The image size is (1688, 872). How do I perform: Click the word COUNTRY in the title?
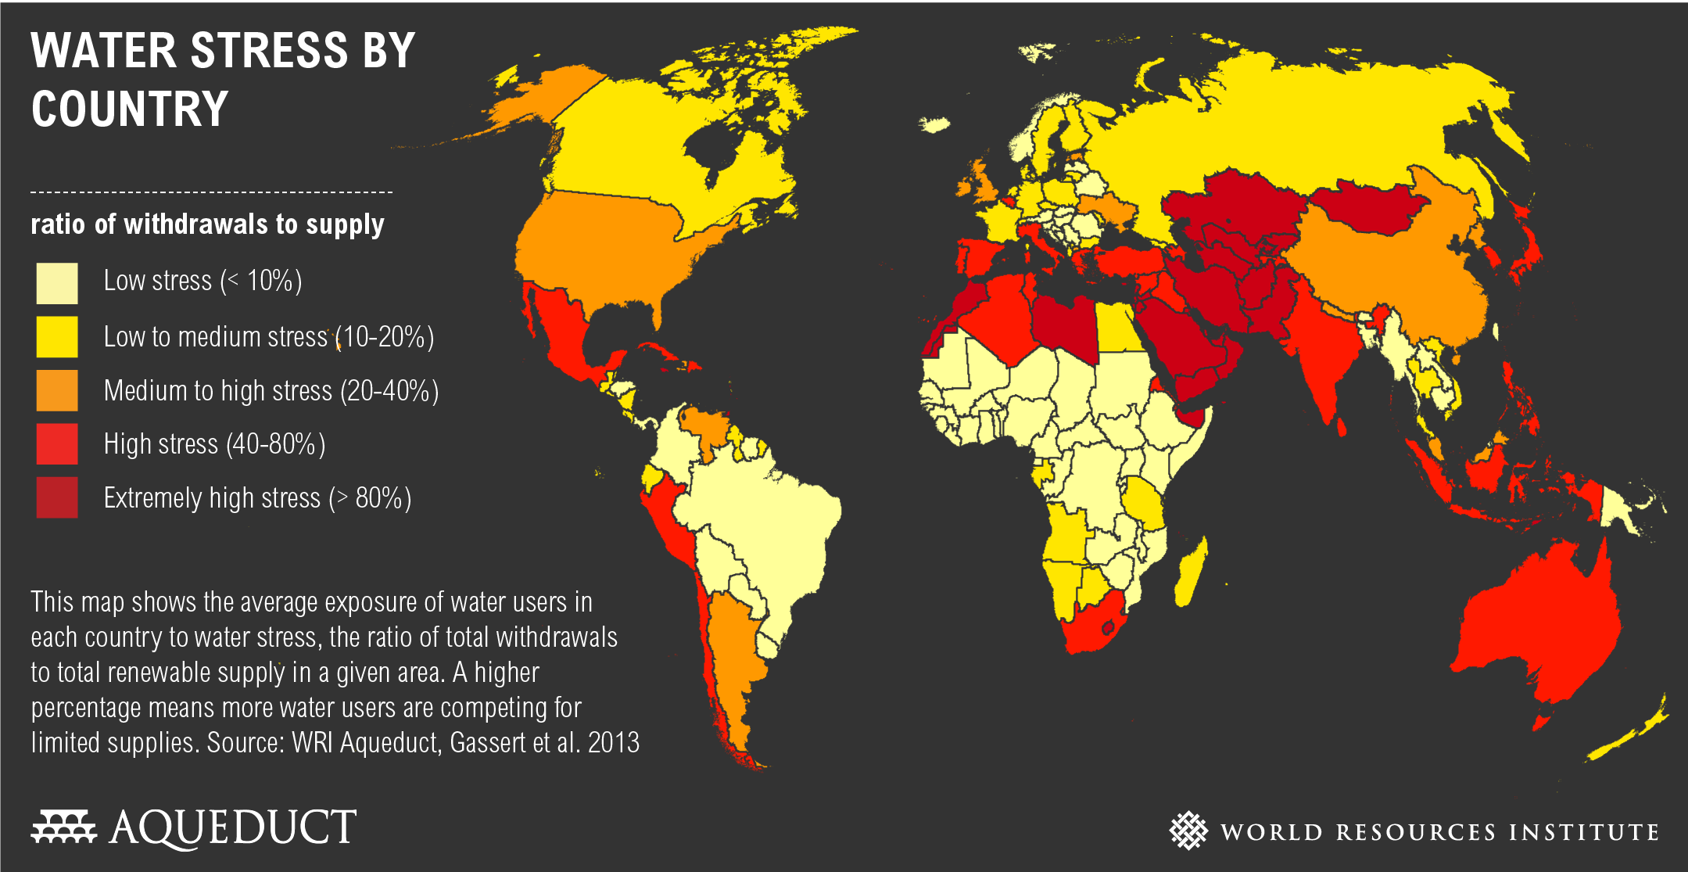tap(130, 109)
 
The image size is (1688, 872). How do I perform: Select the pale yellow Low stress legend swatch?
tap(57, 282)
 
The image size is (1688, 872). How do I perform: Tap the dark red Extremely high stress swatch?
tap(57, 497)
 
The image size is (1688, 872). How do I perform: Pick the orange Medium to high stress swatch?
tap(57, 390)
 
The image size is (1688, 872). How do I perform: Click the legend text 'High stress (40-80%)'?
tap(214, 444)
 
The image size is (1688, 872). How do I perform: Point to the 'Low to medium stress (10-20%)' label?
tap(268, 337)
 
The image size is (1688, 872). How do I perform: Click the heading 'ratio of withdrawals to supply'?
tap(207, 224)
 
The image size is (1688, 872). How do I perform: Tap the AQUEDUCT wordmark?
tap(233, 827)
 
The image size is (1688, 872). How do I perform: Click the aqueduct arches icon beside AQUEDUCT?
tap(63, 827)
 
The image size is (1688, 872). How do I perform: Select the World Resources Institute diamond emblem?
tap(1188, 830)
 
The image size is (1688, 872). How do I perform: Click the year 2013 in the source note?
tap(614, 742)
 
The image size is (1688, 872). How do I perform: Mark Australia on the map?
tap(1532, 626)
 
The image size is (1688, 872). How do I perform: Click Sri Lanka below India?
tap(1342, 427)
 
